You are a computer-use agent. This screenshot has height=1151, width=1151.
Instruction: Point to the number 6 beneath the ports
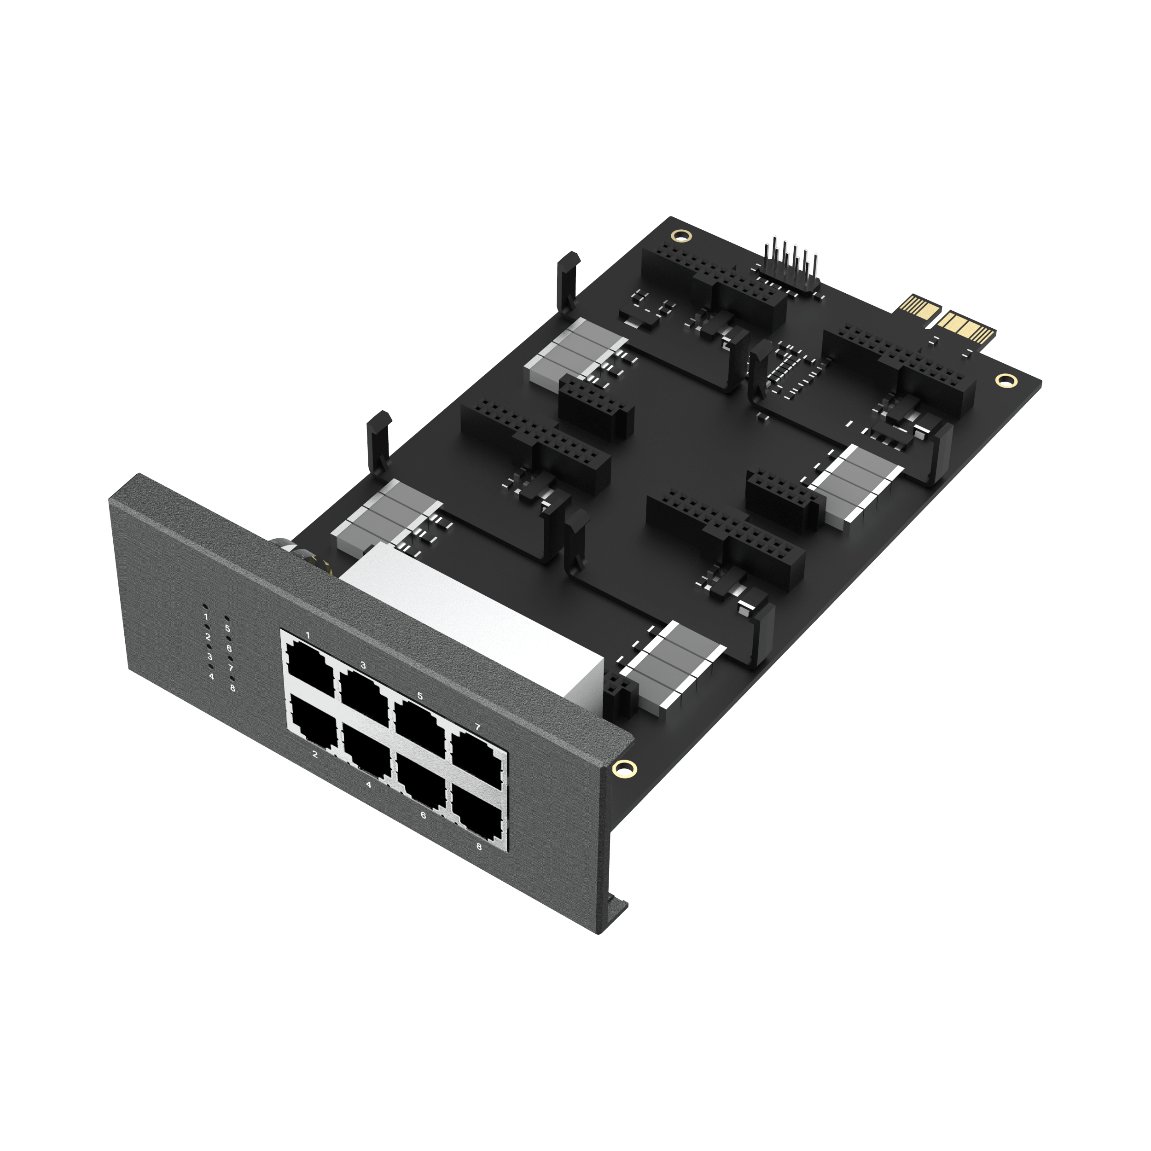(423, 815)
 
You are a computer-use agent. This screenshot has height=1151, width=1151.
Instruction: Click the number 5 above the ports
(420, 696)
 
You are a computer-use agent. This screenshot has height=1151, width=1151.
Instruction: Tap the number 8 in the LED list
(233, 688)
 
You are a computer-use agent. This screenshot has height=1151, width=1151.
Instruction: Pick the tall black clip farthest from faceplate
(567, 280)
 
